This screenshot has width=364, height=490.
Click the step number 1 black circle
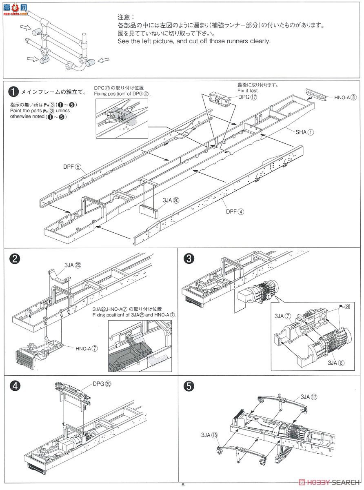(x=14, y=92)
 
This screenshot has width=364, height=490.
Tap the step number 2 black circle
(x=14, y=259)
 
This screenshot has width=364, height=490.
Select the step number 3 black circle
(x=188, y=259)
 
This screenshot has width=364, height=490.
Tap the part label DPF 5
(x=73, y=167)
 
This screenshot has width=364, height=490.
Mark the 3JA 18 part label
(x=209, y=435)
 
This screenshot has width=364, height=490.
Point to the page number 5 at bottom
(x=183, y=485)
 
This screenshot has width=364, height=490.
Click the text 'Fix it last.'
(x=248, y=91)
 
